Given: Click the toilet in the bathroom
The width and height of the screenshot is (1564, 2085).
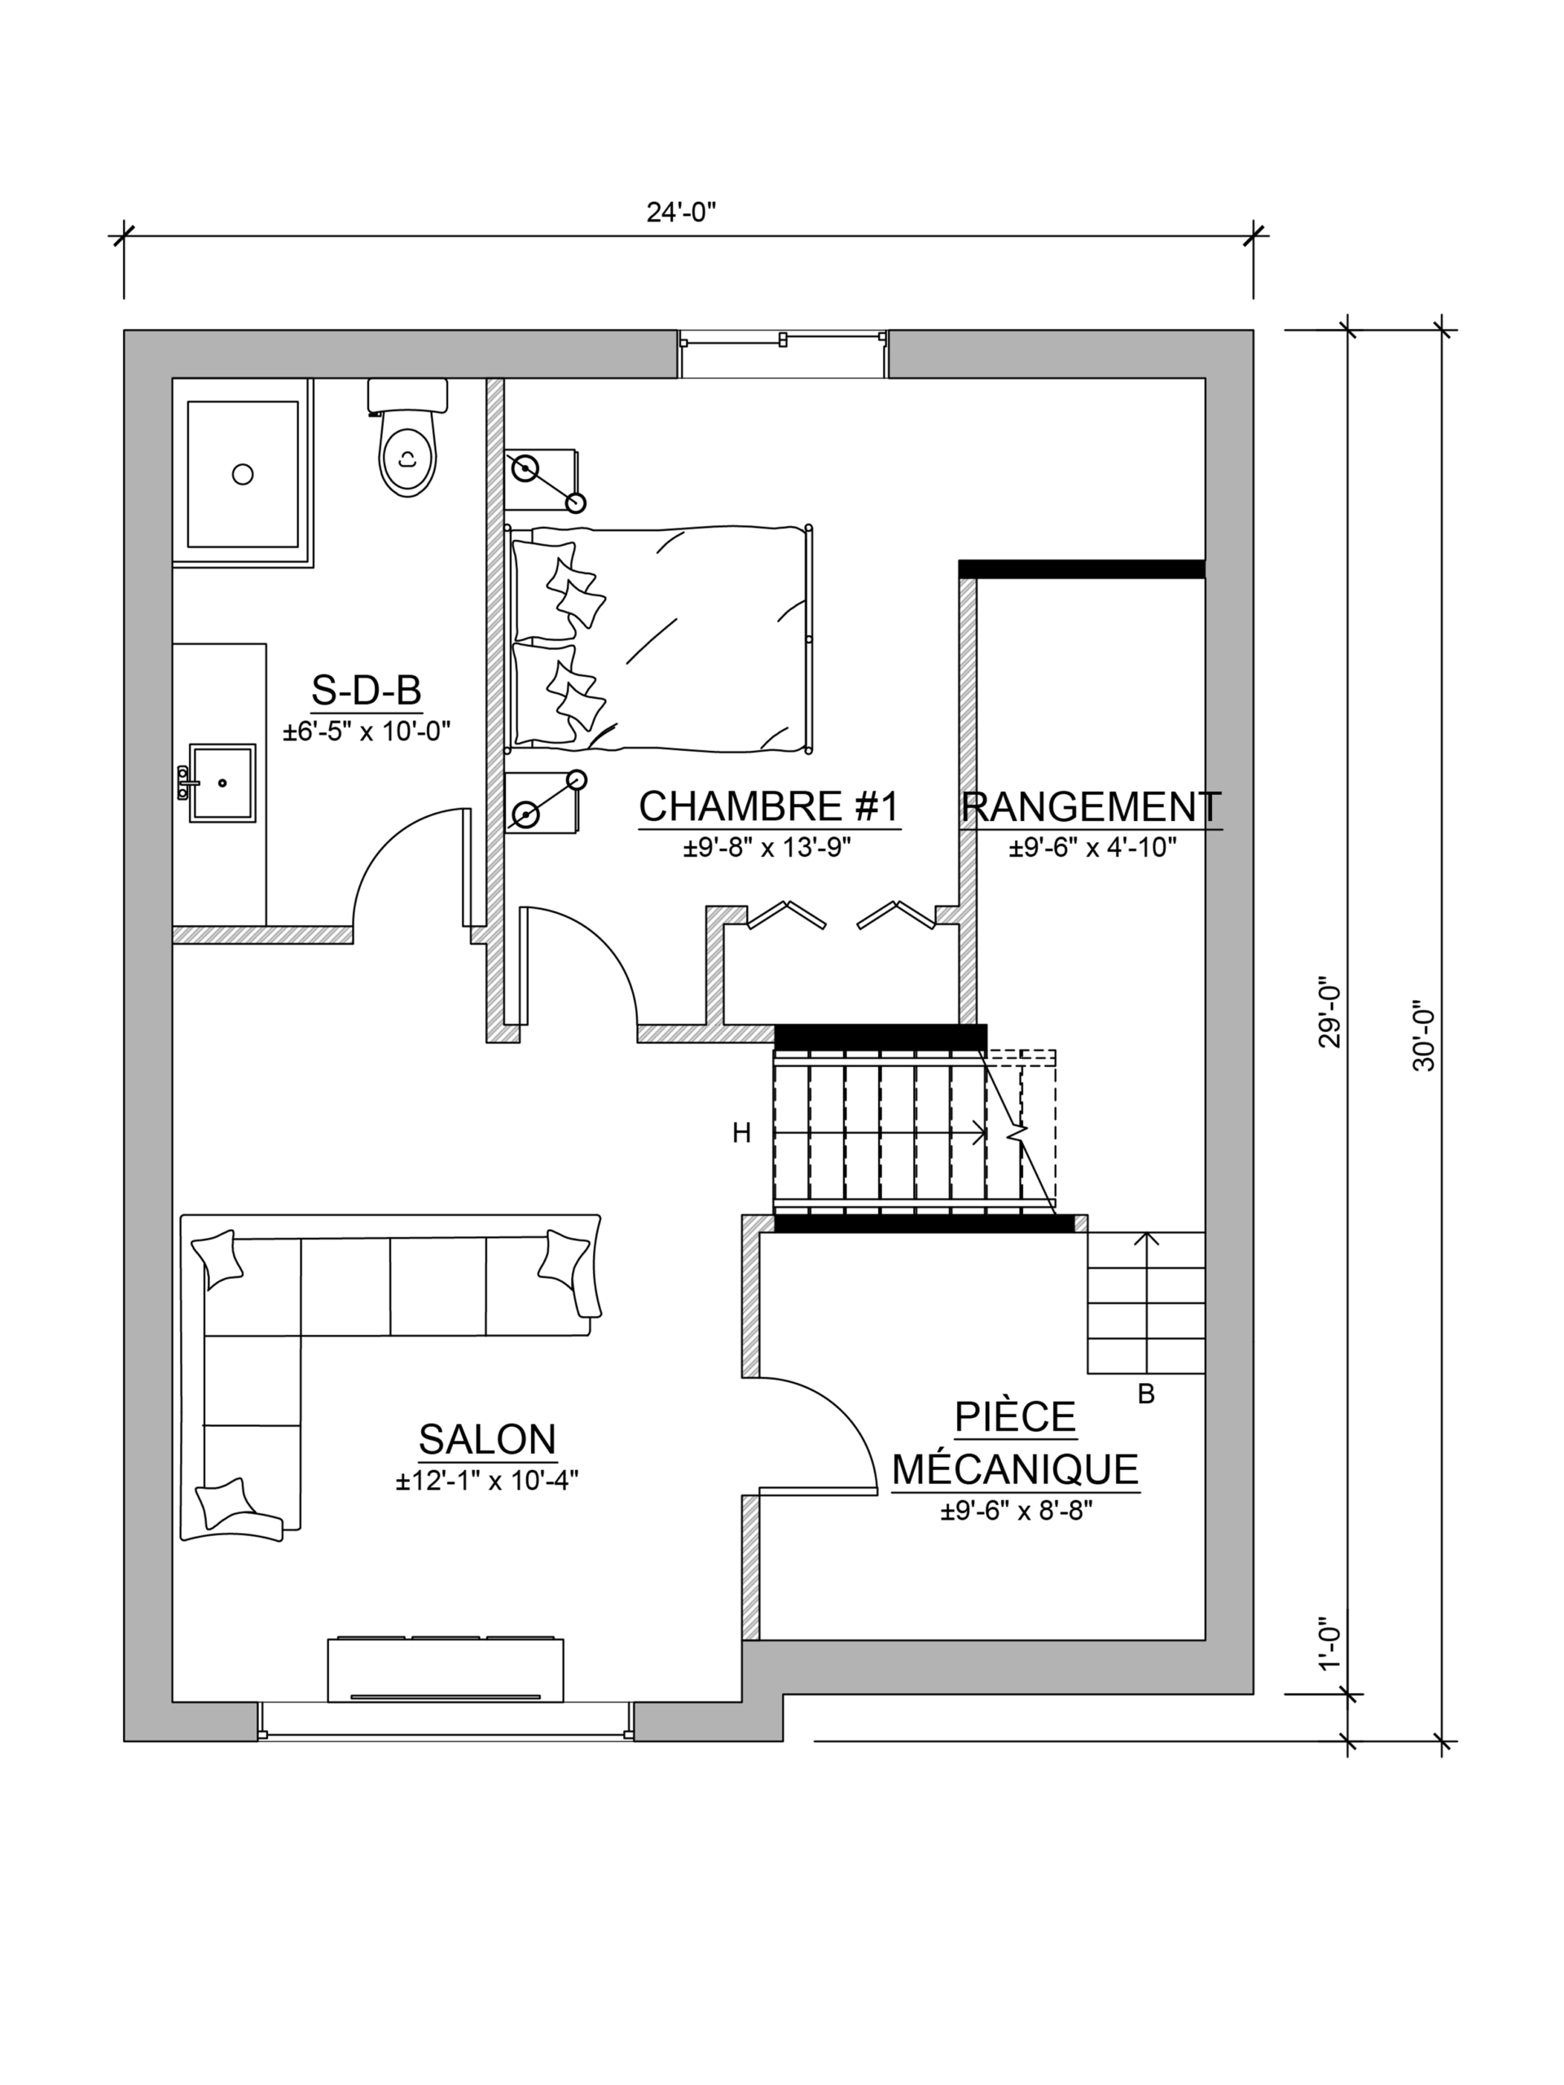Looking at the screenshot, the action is (x=407, y=437).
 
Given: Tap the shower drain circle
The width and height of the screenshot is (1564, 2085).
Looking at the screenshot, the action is (x=244, y=474).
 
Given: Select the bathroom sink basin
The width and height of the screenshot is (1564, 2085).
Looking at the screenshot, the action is (x=222, y=784).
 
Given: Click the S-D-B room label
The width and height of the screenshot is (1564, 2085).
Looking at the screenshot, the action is (x=366, y=691).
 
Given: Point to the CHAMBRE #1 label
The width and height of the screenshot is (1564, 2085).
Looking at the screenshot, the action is (x=769, y=806).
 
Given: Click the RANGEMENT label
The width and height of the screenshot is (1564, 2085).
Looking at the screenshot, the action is (x=1092, y=807).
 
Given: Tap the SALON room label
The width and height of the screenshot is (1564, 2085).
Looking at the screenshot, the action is (x=487, y=1439).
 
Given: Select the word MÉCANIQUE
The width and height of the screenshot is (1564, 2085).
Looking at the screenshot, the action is (x=1015, y=1469).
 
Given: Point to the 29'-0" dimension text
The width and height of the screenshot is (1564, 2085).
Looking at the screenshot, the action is (x=1329, y=1012).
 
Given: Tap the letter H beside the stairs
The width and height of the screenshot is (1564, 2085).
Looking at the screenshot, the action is (x=742, y=1134).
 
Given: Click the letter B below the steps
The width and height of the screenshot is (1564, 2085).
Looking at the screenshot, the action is (x=1146, y=1394).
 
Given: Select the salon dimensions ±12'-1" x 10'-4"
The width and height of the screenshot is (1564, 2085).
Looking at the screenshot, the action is (x=486, y=1481).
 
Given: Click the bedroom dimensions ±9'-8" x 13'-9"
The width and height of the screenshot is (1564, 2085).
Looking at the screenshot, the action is (x=768, y=849).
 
